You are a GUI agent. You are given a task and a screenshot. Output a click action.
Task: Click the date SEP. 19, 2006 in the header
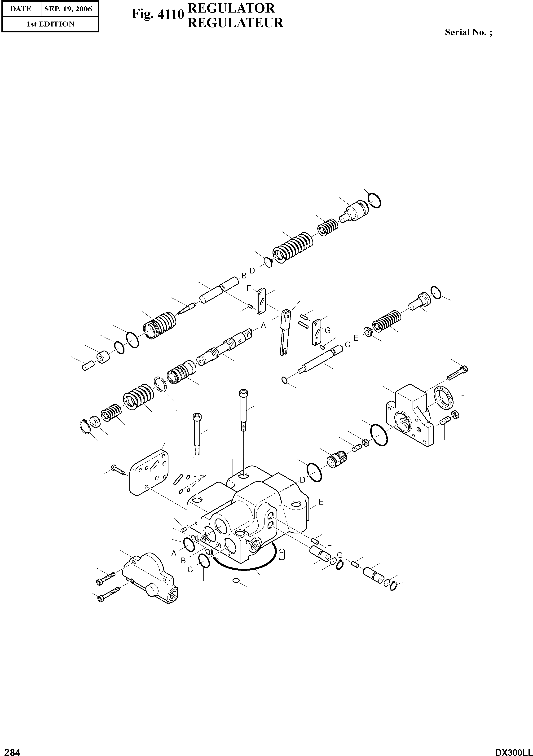point(68,9)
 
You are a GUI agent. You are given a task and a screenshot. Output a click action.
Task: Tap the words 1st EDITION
point(50,24)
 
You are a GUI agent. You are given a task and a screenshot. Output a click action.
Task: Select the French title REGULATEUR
point(235,23)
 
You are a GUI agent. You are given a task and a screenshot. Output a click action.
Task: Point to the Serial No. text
point(468,32)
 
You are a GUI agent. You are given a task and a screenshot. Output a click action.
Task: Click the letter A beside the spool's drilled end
point(263,326)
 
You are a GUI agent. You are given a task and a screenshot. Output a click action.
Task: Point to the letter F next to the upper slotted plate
point(249,288)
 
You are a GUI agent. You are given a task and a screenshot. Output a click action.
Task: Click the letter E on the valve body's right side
point(321,511)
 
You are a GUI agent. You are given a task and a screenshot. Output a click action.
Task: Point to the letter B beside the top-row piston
point(244,276)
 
